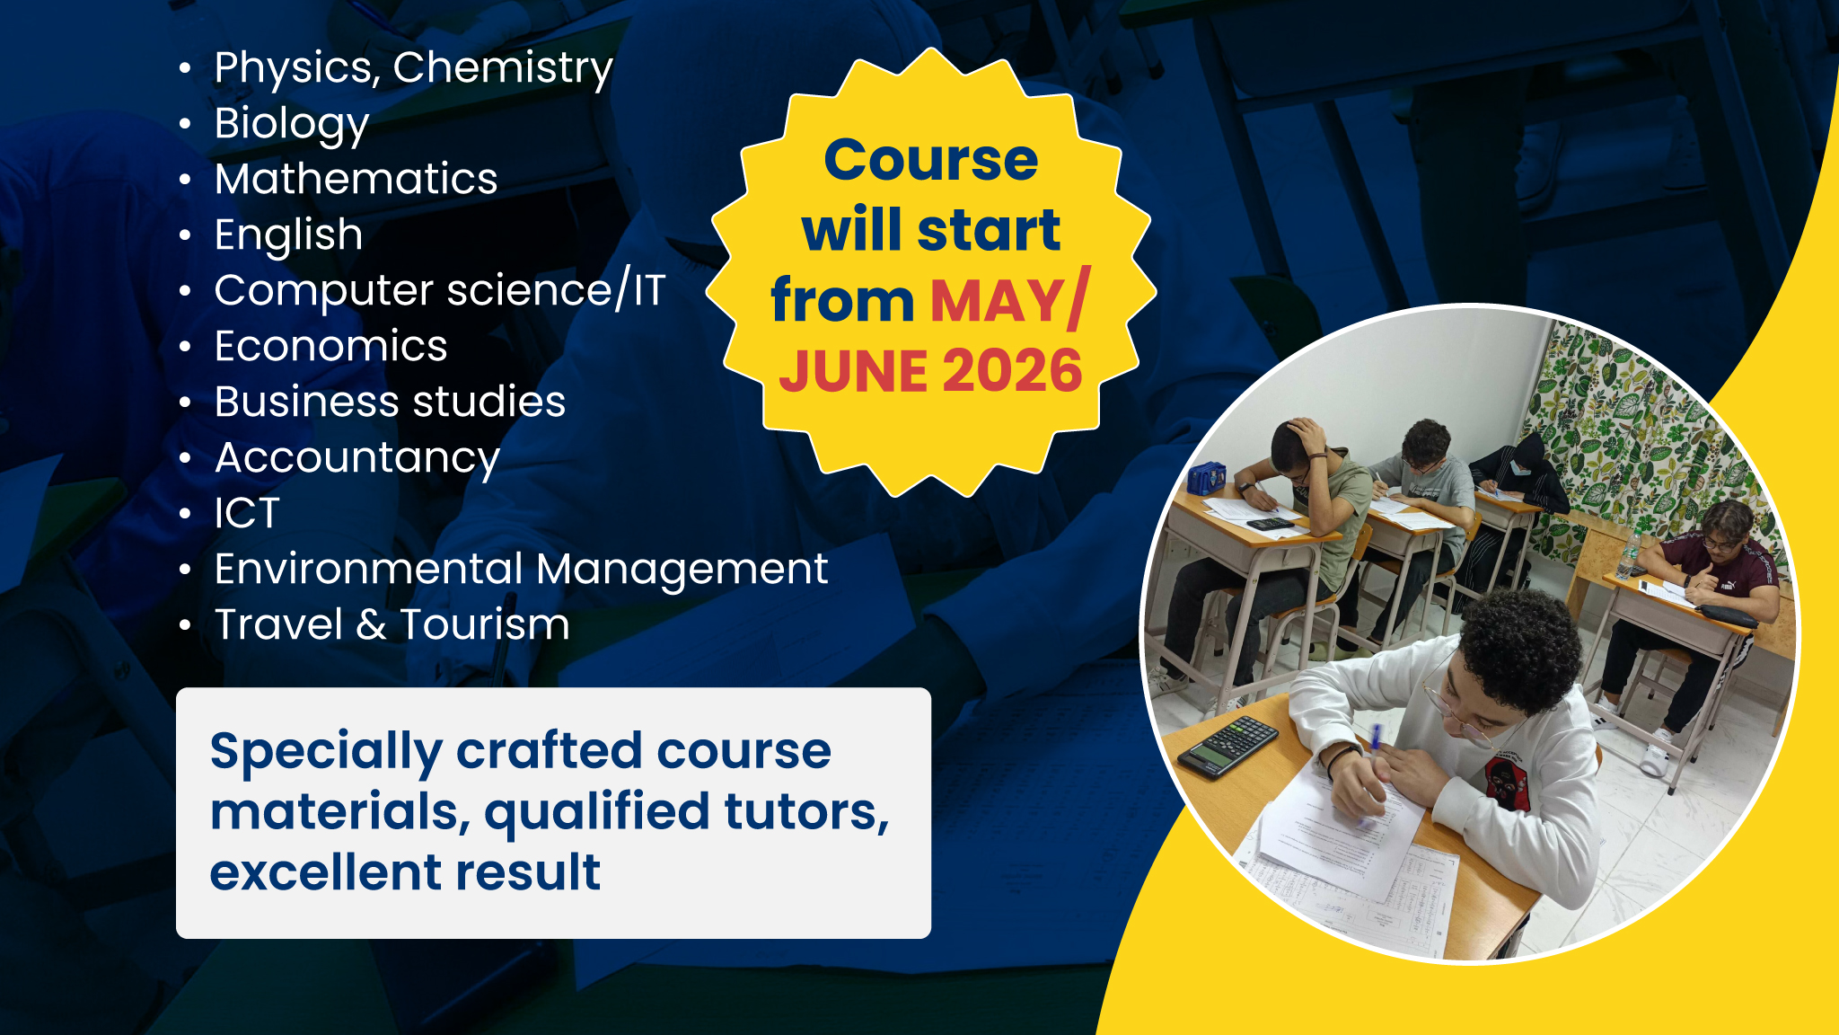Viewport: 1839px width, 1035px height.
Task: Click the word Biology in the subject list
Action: (292, 124)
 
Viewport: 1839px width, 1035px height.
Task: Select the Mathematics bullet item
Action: (356, 178)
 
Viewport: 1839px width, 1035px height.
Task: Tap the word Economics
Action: (330, 346)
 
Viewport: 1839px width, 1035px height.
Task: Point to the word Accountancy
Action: (357, 458)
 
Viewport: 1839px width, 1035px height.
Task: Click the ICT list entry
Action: (247, 513)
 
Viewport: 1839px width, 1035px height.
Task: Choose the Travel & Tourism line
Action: (392, 624)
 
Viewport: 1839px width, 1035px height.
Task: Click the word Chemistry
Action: (503, 68)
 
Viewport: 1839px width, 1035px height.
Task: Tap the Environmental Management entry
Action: (521, 569)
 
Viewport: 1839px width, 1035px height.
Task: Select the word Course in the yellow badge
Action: (931, 160)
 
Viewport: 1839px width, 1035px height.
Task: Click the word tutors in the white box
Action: (806, 811)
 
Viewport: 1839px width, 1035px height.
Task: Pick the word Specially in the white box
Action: (326, 753)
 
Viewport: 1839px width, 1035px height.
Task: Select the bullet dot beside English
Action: (185, 235)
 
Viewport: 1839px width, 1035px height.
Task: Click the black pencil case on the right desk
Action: (1726, 615)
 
